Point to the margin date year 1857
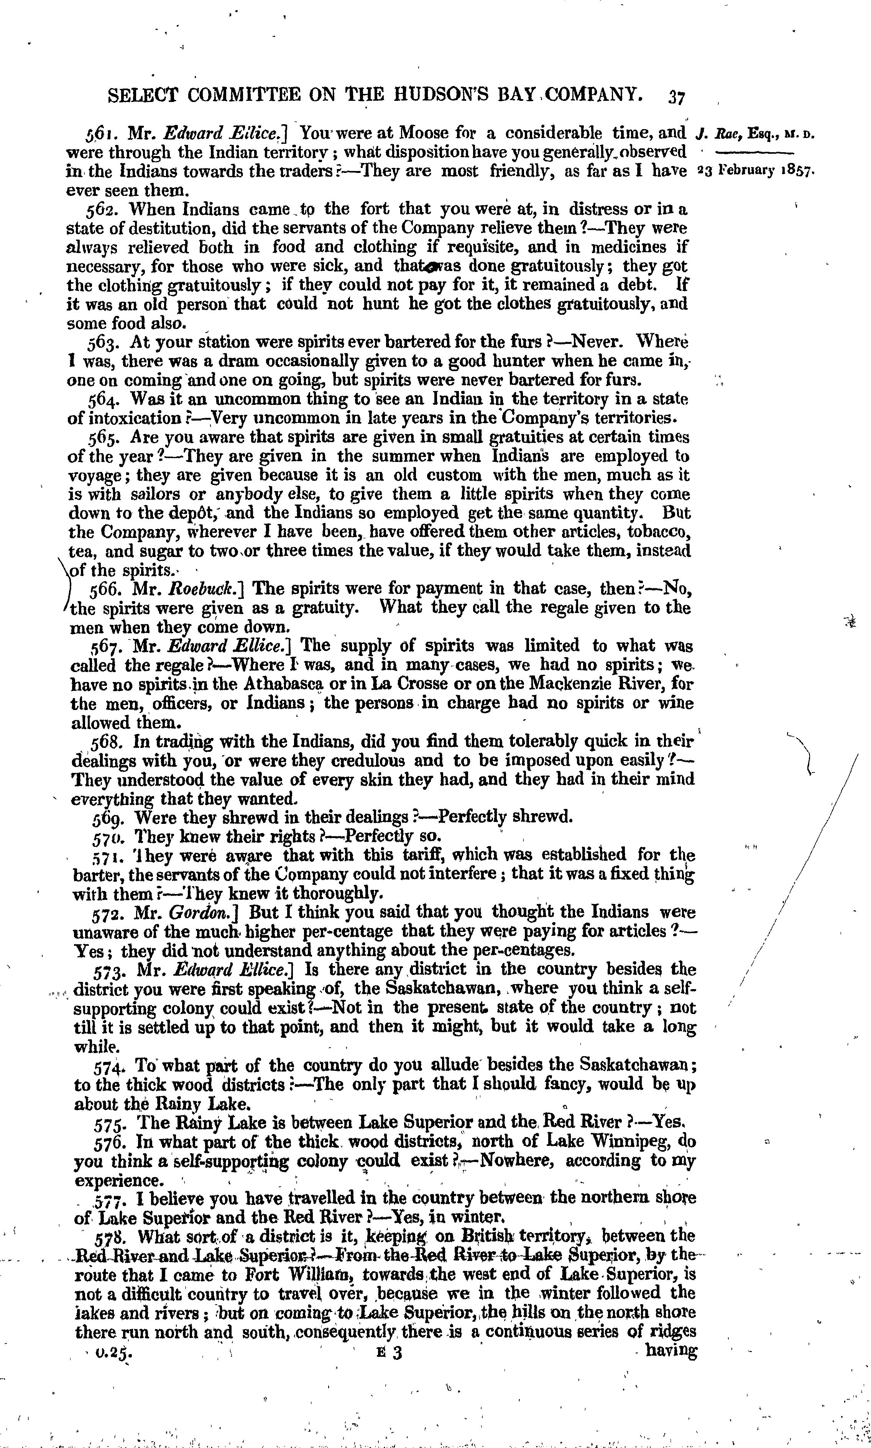point(794,171)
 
